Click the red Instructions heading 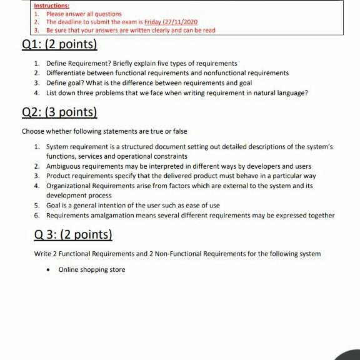pyautogui.click(x=51, y=6)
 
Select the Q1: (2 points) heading pyautogui.click(x=60, y=45)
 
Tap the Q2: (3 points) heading pyautogui.click(x=60, y=112)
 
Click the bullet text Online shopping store pyautogui.click(x=92, y=269)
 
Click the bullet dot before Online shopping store pyautogui.click(x=48, y=269)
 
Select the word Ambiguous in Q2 pyautogui.click(x=64, y=166)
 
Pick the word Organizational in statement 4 pyautogui.click(x=70, y=186)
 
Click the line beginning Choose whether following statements pyautogui.click(x=104, y=131)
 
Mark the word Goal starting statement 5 pyautogui.click(x=54, y=205)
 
